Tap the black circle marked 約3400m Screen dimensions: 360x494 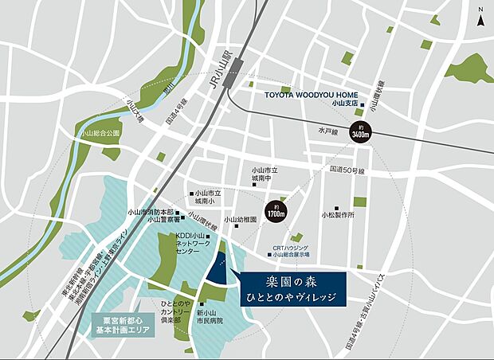(361, 133)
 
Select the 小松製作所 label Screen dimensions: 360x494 (338, 214)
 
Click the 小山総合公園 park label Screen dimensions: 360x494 (100, 134)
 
